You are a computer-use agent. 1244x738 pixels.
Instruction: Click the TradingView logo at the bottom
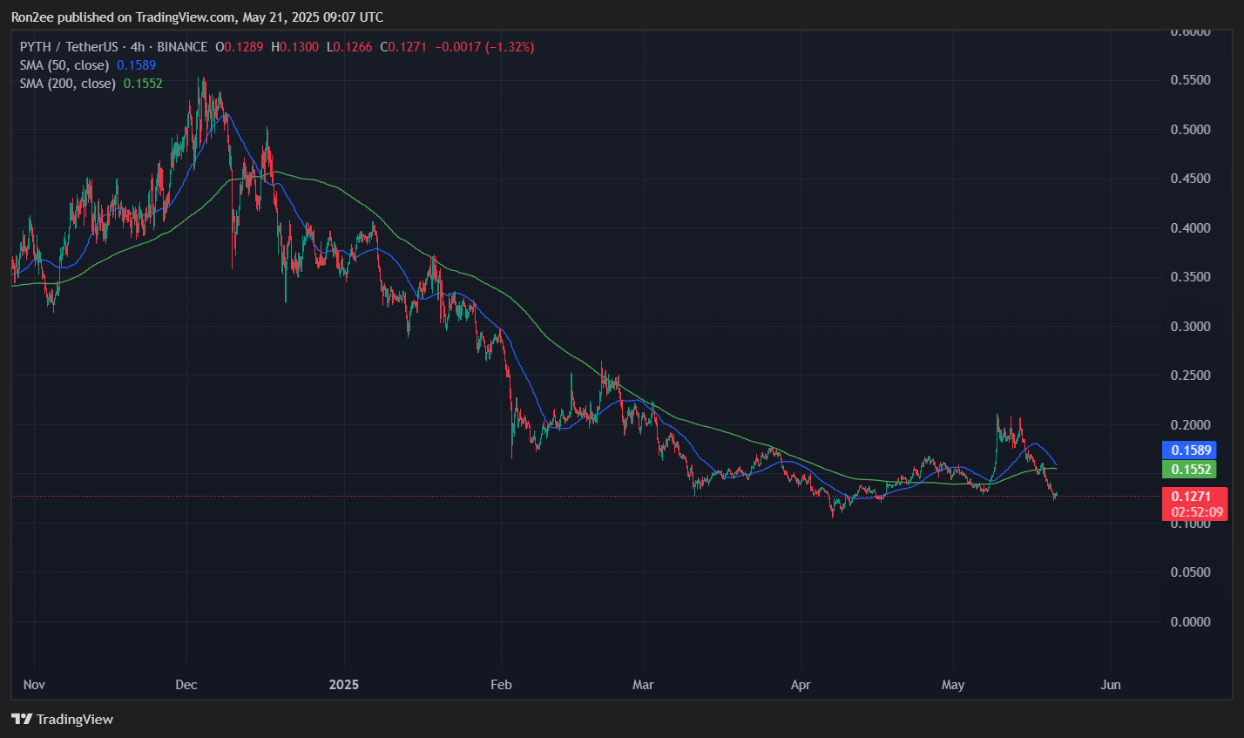62,720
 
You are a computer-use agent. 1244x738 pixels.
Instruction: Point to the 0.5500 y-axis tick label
1189,80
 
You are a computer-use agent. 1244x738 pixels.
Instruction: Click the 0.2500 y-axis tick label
1189,376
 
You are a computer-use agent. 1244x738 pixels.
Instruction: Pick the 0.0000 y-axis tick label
1189,622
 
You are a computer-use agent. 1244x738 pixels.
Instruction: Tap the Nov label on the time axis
34,685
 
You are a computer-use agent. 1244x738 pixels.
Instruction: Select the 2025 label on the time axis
344,685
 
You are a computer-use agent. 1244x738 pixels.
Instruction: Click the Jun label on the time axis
1111,685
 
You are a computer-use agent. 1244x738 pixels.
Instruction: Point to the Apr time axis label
801,685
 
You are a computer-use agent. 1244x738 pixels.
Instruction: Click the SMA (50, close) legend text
64,65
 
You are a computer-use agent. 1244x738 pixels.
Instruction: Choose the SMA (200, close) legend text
68,84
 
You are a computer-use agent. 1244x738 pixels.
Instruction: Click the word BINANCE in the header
181,47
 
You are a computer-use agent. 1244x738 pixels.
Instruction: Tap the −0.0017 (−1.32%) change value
484,47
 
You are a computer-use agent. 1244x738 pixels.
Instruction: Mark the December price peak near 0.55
202,78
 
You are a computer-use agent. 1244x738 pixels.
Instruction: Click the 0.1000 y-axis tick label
1189,524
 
